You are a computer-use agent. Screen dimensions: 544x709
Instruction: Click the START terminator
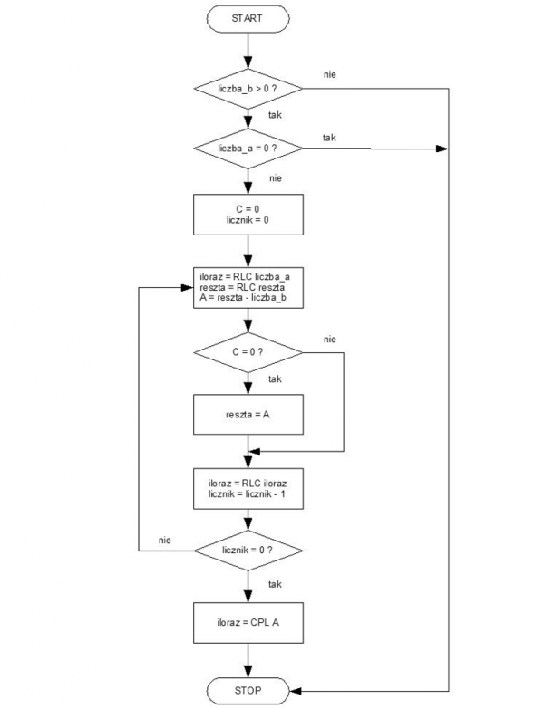[x=248, y=18]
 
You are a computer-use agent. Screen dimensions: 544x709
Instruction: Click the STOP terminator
[x=248, y=691]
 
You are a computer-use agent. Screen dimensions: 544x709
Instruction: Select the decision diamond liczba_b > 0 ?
[x=248, y=89]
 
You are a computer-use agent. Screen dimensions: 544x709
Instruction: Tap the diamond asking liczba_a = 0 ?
[x=248, y=149]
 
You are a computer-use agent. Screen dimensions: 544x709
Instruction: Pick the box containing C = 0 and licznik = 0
[x=248, y=215]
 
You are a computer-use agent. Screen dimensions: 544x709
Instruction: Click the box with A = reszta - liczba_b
[x=248, y=288]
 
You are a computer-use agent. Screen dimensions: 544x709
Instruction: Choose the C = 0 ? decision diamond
[x=248, y=352]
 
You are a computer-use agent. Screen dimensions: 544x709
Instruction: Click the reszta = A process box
[x=248, y=414]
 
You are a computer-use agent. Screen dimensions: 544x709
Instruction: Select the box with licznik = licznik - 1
[x=248, y=489]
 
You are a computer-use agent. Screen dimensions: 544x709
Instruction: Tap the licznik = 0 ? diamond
[x=248, y=551]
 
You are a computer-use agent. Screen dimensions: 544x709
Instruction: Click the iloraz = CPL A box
[x=248, y=623]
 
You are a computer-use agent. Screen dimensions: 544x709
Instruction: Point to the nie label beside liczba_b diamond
[x=330, y=74]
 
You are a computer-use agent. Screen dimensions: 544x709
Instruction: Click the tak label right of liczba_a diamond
[x=329, y=138]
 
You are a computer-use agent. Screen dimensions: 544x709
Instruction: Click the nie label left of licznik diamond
[x=165, y=541]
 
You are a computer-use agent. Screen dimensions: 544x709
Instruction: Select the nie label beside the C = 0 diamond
[x=330, y=340]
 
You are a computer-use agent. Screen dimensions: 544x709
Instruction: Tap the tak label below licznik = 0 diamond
[x=275, y=584]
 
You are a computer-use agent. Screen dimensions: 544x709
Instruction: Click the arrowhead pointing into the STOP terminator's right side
[x=295, y=691]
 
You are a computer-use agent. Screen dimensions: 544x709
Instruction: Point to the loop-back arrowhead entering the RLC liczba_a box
[x=188, y=288]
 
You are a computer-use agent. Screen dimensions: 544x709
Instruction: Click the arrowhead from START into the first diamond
[x=248, y=62]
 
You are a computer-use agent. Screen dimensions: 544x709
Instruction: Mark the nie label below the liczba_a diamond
[x=275, y=178]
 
